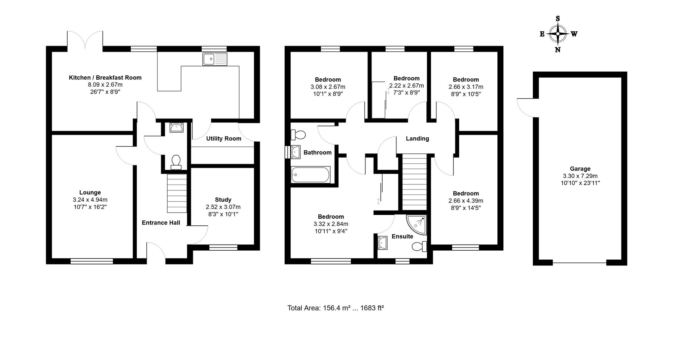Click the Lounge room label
coord(90,192)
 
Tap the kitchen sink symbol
coord(215,59)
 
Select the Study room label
coord(223,200)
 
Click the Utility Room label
coord(223,139)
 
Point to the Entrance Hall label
coord(161,223)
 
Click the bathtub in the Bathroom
coord(311,175)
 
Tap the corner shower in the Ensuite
coord(417,224)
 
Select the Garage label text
coord(580,169)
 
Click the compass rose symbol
coord(558,34)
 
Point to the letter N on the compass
coord(558,50)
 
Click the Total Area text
coord(335,308)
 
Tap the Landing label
coord(417,139)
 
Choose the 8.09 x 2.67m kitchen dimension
coord(105,85)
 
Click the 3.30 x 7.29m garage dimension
coord(580,176)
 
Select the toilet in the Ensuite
coord(419,247)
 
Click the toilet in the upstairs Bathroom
coord(298,135)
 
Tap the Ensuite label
coord(402,237)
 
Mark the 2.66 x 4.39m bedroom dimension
coord(466,201)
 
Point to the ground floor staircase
coord(177,193)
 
